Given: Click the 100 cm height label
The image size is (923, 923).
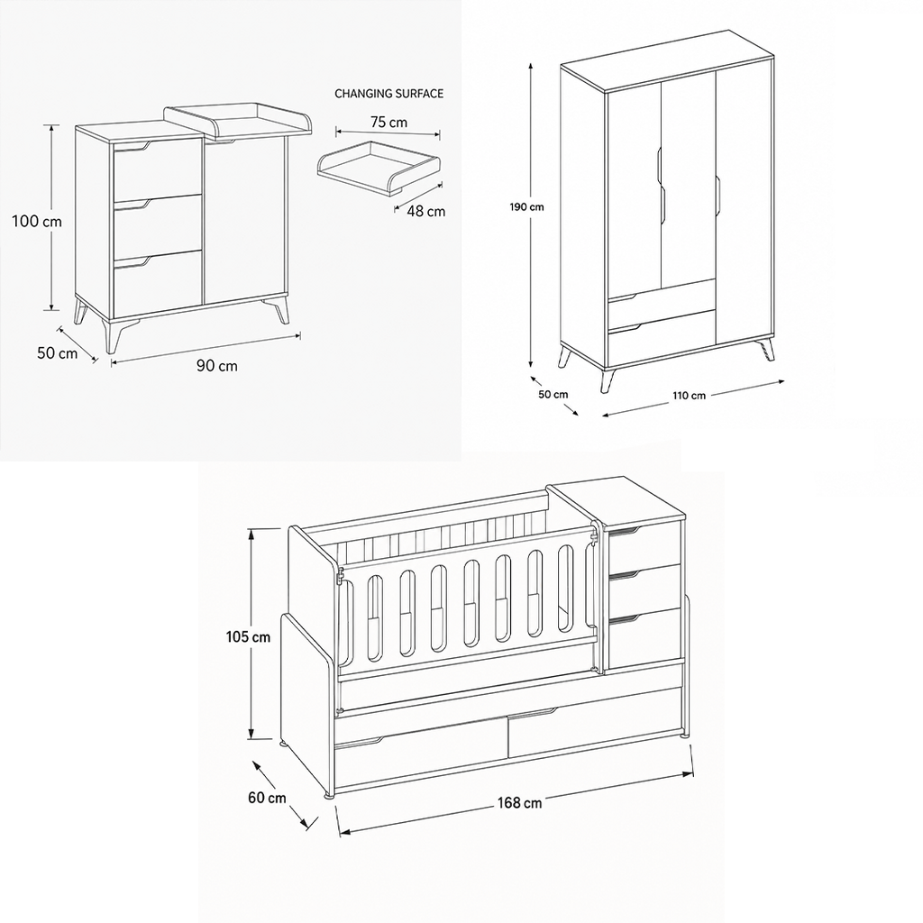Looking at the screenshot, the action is click(x=36, y=222).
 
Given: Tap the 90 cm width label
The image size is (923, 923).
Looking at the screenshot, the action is click(x=217, y=366).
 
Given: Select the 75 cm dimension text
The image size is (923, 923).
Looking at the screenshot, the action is click(x=388, y=123).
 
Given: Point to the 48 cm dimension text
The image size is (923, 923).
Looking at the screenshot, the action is click(x=425, y=211).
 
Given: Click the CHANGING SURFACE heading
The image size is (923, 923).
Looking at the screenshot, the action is click(x=388, y=94).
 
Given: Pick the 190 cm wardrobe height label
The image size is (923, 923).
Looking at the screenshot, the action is click(x=526, y=207).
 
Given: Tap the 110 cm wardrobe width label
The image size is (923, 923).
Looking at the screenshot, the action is click(x=690, y=396).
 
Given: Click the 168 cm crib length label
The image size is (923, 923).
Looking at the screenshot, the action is click(x=519, y=803).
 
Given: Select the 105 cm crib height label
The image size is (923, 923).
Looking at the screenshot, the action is click(x=248, y=637).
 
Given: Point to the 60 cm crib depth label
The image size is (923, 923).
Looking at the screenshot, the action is click(x=267, y=799).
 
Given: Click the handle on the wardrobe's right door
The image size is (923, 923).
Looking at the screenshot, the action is click(x=718, y=195).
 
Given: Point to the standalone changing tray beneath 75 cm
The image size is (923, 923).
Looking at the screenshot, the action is click(x=379, y=167).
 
